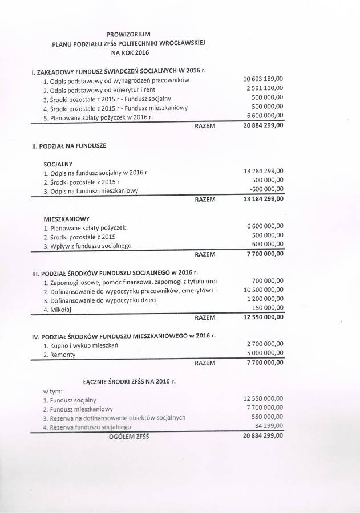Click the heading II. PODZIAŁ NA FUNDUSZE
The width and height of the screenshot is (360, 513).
pos(69,146)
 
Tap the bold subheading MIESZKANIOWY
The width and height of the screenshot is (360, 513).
pos(66,218)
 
